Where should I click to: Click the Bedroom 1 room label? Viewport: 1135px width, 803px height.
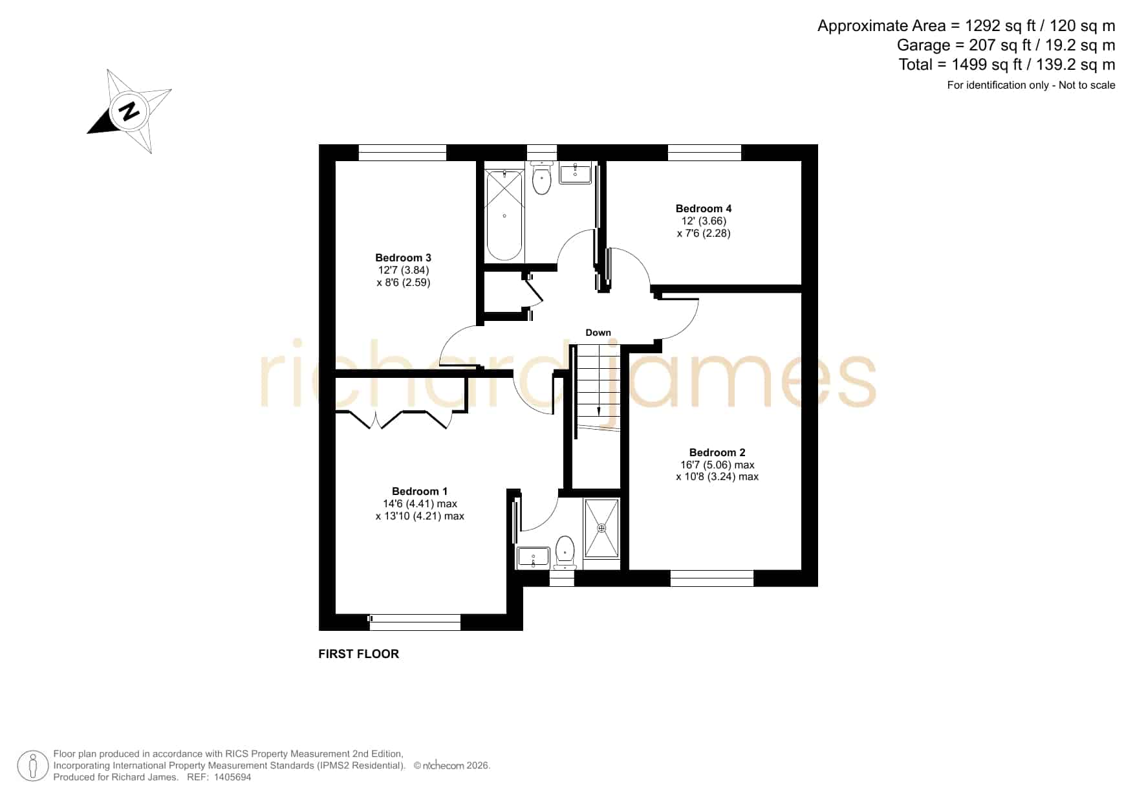[420, 491]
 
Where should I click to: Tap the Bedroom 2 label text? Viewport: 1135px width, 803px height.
[717, 452]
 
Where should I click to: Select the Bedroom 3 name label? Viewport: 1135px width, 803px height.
[403, 258]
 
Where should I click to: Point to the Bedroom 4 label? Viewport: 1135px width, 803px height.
[704, 208]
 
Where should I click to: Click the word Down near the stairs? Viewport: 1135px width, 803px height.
[598, 333]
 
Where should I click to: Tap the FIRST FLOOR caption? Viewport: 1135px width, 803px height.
[359, 654]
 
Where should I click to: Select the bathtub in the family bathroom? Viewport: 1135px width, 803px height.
[504, 214]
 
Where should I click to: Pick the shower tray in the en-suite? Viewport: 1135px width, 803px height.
[601, 528]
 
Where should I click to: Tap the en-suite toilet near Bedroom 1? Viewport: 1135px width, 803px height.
[565, 552]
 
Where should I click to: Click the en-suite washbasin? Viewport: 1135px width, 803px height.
[534, 557]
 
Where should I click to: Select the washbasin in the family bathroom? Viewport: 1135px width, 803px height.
[575, 173]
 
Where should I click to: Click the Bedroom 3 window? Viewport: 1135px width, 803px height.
[402, 153]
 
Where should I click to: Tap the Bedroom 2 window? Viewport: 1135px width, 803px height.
[712, 578]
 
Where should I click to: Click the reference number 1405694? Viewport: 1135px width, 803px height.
[229, 777]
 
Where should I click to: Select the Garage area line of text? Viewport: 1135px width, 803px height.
[1006, 45]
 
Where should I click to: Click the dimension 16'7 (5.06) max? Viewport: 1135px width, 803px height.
[717, 465]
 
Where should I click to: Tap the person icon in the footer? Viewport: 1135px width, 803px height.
[32, 766]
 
